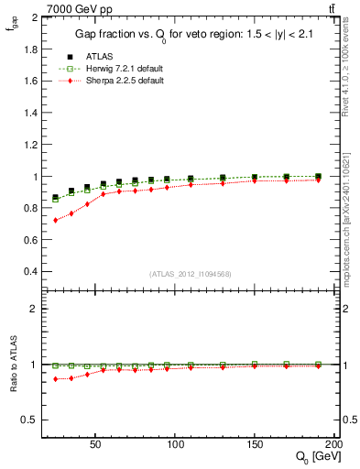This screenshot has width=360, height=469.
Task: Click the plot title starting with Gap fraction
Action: [183, 35]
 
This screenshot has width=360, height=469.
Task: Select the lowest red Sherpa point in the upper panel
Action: [56, 220]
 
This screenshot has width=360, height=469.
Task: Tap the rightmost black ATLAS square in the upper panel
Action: [318, 176]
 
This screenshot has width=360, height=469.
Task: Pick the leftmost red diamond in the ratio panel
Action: [56, 379]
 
